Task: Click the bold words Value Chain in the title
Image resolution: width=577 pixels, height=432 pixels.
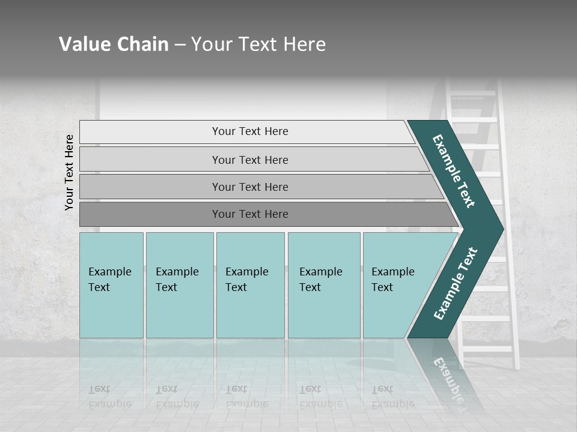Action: pyautogui.click(x=114, y=44)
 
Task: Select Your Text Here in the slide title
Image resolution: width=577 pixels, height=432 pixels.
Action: pyautogui.click(x=258, y=44)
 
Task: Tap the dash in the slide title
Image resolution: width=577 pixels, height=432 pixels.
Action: pyautogui.click(x=180, y=45)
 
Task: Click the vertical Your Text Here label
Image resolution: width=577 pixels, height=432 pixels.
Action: pyautogui.click(x=70, y=173)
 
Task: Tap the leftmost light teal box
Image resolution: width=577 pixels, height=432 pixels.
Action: pyautogui.click(x=111, y=285)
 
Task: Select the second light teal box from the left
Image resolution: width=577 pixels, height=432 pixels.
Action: pyautogui.click(x=180, y=285)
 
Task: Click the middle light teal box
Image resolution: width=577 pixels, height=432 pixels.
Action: pyautogui.click(x=250, y=285)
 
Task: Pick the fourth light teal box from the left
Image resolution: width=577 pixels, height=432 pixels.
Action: pyautogui.click(x=324, y=285)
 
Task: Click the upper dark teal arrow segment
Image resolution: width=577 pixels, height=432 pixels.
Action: pyautogui.click(x=454, y=171)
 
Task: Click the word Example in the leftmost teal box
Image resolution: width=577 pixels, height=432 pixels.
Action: pyautogui.click(x=109, y=272)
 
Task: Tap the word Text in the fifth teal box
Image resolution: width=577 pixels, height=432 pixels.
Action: pyautogui.click(x=382, y=287)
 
